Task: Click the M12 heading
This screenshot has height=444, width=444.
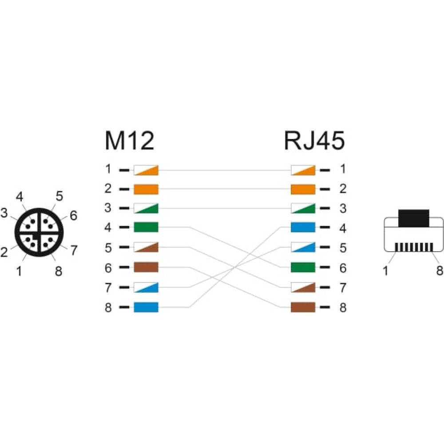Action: [129, 140]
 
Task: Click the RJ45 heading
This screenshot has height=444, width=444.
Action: [314, 140]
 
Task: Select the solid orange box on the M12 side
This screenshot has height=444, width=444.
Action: [146, 189]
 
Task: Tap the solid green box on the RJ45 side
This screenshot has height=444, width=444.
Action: [303, 267]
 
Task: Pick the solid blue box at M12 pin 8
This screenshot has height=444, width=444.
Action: [146, 307]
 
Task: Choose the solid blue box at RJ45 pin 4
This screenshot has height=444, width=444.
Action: [303, 227]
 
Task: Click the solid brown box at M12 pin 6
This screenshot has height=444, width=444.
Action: [146, 267]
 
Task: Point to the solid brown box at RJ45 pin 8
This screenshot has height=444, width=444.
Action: [303, 307]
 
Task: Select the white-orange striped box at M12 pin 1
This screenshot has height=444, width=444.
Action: [146, 170]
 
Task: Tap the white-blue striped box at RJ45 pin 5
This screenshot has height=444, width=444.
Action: [303, 247]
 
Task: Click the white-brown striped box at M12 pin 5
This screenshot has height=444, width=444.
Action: [146, 247]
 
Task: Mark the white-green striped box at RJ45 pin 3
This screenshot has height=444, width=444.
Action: [303, 208]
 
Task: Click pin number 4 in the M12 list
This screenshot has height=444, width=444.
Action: [108, 227]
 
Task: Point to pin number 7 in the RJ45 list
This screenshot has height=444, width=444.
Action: [343, 288]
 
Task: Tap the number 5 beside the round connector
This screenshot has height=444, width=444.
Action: [59, 196]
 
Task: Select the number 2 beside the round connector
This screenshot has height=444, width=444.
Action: [4, 252]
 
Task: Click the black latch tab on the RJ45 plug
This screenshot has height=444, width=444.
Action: [414, 218]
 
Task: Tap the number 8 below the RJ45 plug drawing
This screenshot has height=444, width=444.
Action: [440, 270]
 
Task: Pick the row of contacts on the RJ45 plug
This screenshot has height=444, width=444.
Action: [414, 247]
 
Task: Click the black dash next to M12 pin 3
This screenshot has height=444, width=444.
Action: [124, 208]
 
